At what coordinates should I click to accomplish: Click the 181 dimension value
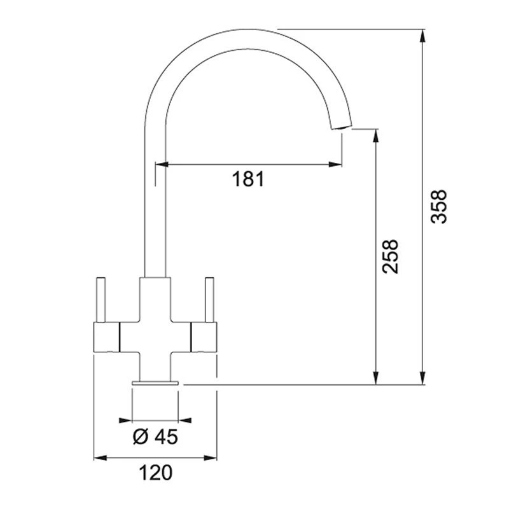(x=248, y=179)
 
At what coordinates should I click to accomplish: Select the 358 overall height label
(x=439, y=206)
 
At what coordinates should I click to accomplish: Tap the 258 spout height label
(x=390, y=256)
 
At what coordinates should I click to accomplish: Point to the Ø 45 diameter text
(x=155, y=436)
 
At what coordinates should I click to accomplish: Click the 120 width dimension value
(x=155, y=473)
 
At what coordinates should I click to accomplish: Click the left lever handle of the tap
(x=101, y=300)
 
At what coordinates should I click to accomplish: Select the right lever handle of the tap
(x=209, y=300)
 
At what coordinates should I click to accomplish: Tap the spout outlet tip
(x=340, y=127)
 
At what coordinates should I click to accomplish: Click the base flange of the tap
(x=155, y=382)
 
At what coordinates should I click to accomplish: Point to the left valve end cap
(x=106, y=337)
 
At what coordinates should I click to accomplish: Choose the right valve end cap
(x=204, y=337)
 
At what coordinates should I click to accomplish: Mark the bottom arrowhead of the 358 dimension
(x=423, y=378)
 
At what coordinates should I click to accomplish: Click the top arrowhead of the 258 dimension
(x=376, y=136)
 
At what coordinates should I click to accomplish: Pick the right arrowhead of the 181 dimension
(x=335, y=165)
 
